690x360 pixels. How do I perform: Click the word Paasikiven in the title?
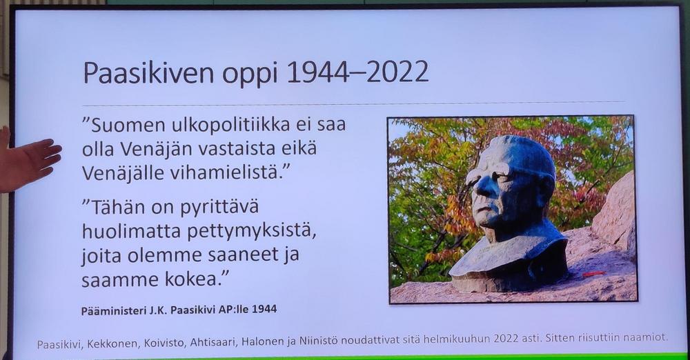tap(150, 72)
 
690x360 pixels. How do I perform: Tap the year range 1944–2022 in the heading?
tap(357, 72)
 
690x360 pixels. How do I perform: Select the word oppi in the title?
tap(250, 74)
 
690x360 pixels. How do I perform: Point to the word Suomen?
tap(128, 126)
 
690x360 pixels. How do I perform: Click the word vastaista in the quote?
tap(235, 149)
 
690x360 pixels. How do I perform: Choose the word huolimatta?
tap(132, 231)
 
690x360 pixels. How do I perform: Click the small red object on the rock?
tap(593, 274)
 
